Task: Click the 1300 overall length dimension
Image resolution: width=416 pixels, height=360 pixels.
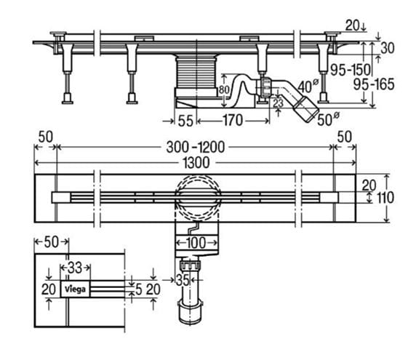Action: pos(196,163)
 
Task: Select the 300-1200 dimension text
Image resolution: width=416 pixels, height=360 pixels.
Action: pos(195,147)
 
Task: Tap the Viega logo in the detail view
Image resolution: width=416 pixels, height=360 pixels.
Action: pos(76,289)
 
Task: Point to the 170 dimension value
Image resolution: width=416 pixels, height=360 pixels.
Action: pos(233,121)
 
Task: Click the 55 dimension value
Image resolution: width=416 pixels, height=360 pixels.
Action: pos(185,121)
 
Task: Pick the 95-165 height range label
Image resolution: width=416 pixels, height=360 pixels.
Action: pos(374,84)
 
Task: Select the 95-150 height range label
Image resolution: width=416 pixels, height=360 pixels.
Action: pos(351,70)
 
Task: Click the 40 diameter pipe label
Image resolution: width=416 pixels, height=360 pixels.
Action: pos(308,87)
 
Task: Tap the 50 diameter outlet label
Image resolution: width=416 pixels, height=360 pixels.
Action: pos(328,119)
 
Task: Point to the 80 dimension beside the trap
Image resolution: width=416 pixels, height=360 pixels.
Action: pos(224,89)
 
